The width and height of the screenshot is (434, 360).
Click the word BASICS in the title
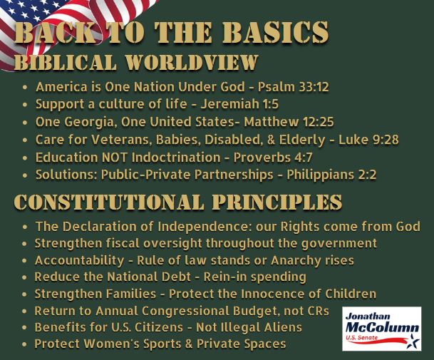click(275, 33)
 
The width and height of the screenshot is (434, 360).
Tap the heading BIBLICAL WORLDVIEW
click(135, 63)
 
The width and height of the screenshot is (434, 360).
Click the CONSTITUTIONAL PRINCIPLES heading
click(178, 202)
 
